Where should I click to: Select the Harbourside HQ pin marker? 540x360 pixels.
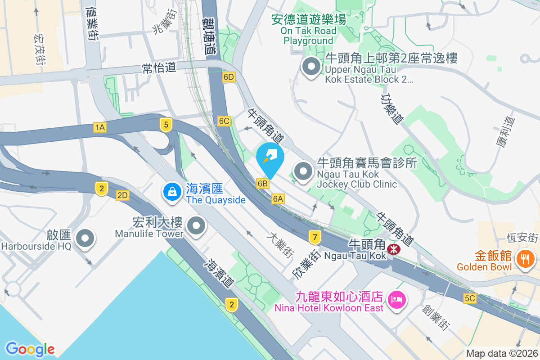[x=85, y=238]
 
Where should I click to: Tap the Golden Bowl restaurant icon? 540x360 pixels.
[x=525, y=259]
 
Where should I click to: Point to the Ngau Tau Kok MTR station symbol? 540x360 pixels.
[x=393, y=248]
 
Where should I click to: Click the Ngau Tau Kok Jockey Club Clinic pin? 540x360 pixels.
[x=303, y=171]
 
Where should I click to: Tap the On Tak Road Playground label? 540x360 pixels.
[x=309, y=31]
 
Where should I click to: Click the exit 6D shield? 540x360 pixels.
[x=229, y=77]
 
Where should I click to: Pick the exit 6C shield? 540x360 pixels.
[x=224, y=121]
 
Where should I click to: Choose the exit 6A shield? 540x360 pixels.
[x=278, y=198]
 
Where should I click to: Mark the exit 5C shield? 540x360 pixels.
[x=470, y=298]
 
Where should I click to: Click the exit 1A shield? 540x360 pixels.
[x=100, y=127]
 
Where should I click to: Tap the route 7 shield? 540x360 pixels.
[x=315, y=236]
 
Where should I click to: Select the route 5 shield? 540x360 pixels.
[x=166, y=124]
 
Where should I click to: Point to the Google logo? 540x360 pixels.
[x=30, y=349]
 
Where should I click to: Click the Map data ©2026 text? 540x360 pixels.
[x=502, y=354]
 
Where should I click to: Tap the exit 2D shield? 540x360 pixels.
[x=122, y=195]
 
